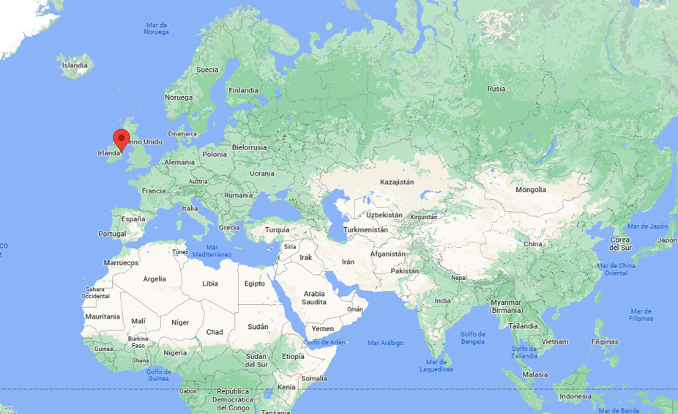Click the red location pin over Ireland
click(x=122, y=138)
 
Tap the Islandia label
click(x=75, y=65)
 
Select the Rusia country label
click(x=496, y=89)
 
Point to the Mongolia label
click(x=531, y=190)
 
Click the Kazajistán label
click(x=397, y=182)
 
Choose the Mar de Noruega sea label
click(x=156, y=28)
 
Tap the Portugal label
click(x=112, y=234)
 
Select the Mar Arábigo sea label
click(x=385, y=342)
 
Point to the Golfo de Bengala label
click(x=472, y=338)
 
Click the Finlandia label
click(x=243, y=90)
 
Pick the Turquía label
click(x=277, y=229)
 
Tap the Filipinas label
click(x=604, y=341)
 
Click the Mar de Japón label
click(x=642, y=226)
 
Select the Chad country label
click(x=215, y=332)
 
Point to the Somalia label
click(x=314, y=378)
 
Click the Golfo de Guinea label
click(x=159, y=374)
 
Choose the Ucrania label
click(x=261, y=174)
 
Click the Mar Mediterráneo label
click(x=218, y=251)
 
